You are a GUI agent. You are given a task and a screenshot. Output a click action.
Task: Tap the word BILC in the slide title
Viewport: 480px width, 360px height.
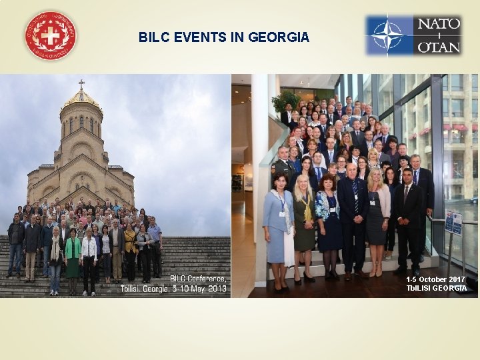click(154, 37)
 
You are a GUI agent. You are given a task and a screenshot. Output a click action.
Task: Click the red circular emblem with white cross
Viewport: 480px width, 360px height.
click(50, 36)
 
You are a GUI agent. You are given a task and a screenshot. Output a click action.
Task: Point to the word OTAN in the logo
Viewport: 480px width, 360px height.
click(439, 47)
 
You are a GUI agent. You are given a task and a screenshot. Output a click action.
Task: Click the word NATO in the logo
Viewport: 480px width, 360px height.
click(439, 25)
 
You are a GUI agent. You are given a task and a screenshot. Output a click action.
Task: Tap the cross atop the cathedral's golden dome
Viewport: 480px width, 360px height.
click(81, 85)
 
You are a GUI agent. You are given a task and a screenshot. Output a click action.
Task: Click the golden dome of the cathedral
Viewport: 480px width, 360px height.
click(81, 101)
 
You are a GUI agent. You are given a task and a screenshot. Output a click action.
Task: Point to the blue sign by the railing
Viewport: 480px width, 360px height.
click(454, 222)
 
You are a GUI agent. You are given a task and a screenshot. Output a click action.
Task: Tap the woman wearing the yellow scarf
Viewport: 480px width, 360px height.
click(304, 220)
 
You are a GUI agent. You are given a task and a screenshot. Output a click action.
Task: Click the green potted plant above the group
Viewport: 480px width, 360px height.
click(287, 100)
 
